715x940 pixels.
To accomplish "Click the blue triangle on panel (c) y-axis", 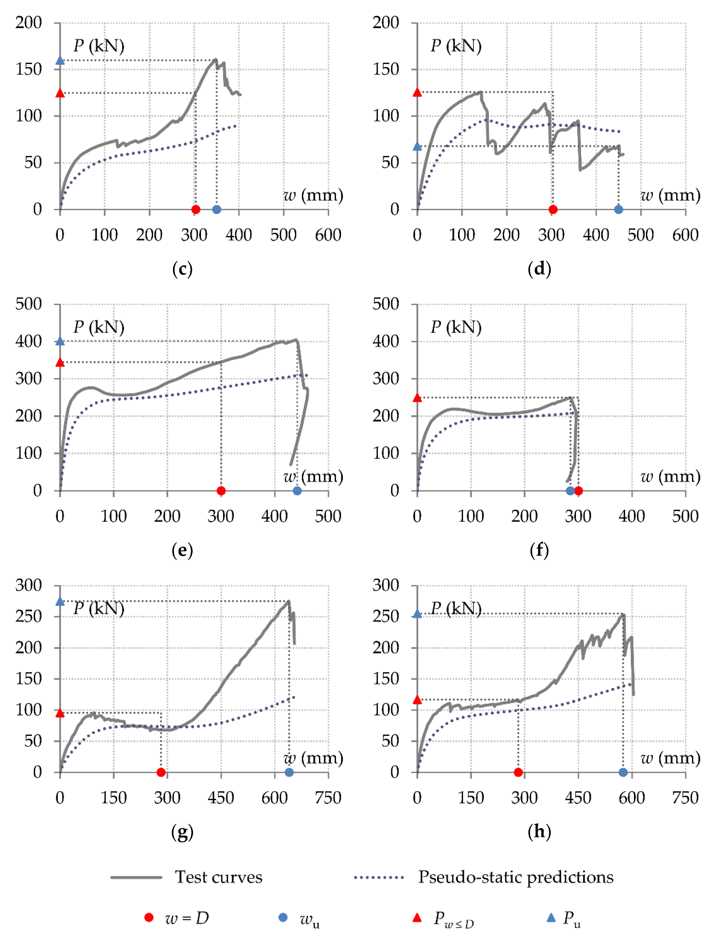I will pyautogui.click(x=60, y=61).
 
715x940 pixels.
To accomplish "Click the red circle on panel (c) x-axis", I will pyautogui.click(x=196, y=209).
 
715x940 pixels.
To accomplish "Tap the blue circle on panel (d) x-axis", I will pyautogui.click(x=618, y=209).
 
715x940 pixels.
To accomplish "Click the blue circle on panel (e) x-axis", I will pyautogui.click(x=297, y=491).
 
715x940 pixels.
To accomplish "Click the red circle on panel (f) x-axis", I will pyautogui.click(x=578, y=491).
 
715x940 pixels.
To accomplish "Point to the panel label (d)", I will pyautogui.click(x=539, y=269).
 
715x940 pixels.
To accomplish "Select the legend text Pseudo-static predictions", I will pyautogui.click(x=515, y=877).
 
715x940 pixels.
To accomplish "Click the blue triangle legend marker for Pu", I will pyautogui.click(x=551, y=917).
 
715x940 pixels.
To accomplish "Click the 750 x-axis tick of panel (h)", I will pyautogui.click(x=685, y=797).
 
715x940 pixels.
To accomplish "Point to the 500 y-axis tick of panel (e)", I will pyautogui.click(x=28, y=304).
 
